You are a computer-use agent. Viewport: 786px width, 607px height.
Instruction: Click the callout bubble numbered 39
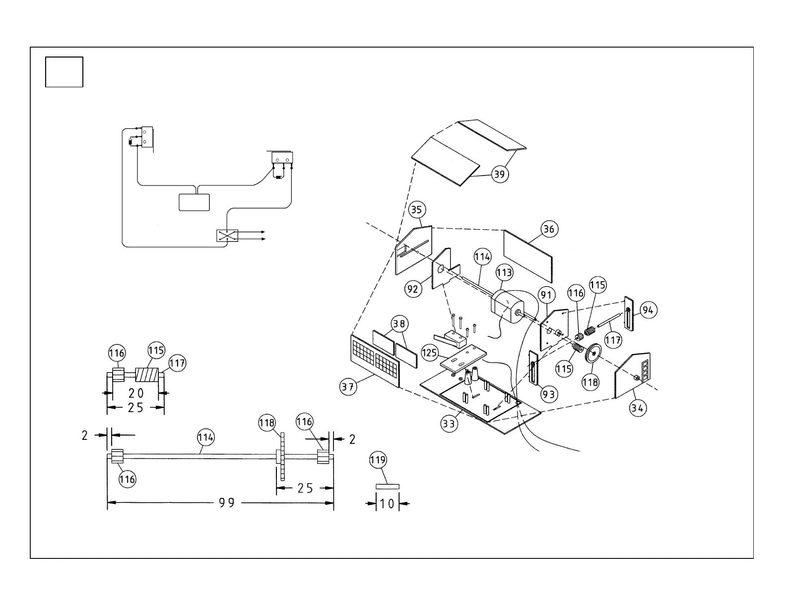pos(500,174)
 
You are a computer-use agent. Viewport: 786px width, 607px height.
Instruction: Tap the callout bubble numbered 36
pos(549,229)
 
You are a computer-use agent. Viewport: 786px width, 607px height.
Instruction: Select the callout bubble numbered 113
pos(504,272)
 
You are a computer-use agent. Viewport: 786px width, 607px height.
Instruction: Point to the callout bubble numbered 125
pos(430,353)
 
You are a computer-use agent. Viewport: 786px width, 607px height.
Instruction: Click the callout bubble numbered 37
pos(348,387)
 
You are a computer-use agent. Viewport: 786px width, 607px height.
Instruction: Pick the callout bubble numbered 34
pos(638,408)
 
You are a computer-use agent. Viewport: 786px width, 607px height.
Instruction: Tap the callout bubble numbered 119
pos(378,460)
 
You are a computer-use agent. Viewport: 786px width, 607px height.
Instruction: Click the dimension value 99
pos(227,503)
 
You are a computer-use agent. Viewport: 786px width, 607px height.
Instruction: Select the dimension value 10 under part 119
pos(387,504)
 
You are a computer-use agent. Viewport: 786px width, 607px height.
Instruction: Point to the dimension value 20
pos(136,393)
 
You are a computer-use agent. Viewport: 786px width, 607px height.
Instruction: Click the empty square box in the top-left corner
pos(64,72)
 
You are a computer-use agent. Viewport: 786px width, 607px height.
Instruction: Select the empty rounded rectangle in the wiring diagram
pos(194,202)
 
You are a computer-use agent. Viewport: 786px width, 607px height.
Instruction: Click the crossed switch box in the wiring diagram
pos(227,235)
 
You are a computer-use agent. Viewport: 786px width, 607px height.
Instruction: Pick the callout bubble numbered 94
pos(648,310)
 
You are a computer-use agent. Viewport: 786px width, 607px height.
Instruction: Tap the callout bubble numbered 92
pos(413,289)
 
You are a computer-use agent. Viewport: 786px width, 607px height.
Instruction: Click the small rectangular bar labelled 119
pos(387,486)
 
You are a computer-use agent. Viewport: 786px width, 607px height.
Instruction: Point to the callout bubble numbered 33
pos(449,424)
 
